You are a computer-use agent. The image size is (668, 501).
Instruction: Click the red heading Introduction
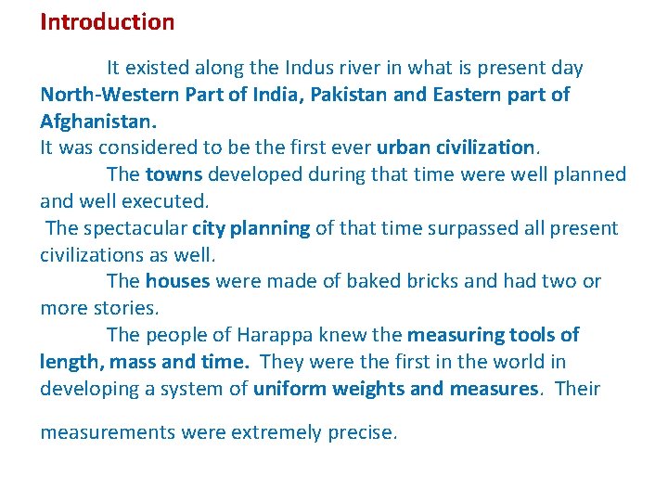point(107,22)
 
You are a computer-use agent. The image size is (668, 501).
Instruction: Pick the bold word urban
point(402,148)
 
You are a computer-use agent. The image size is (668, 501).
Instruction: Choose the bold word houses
point(177,281)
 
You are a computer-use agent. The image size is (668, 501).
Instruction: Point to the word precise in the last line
point(362,433)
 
